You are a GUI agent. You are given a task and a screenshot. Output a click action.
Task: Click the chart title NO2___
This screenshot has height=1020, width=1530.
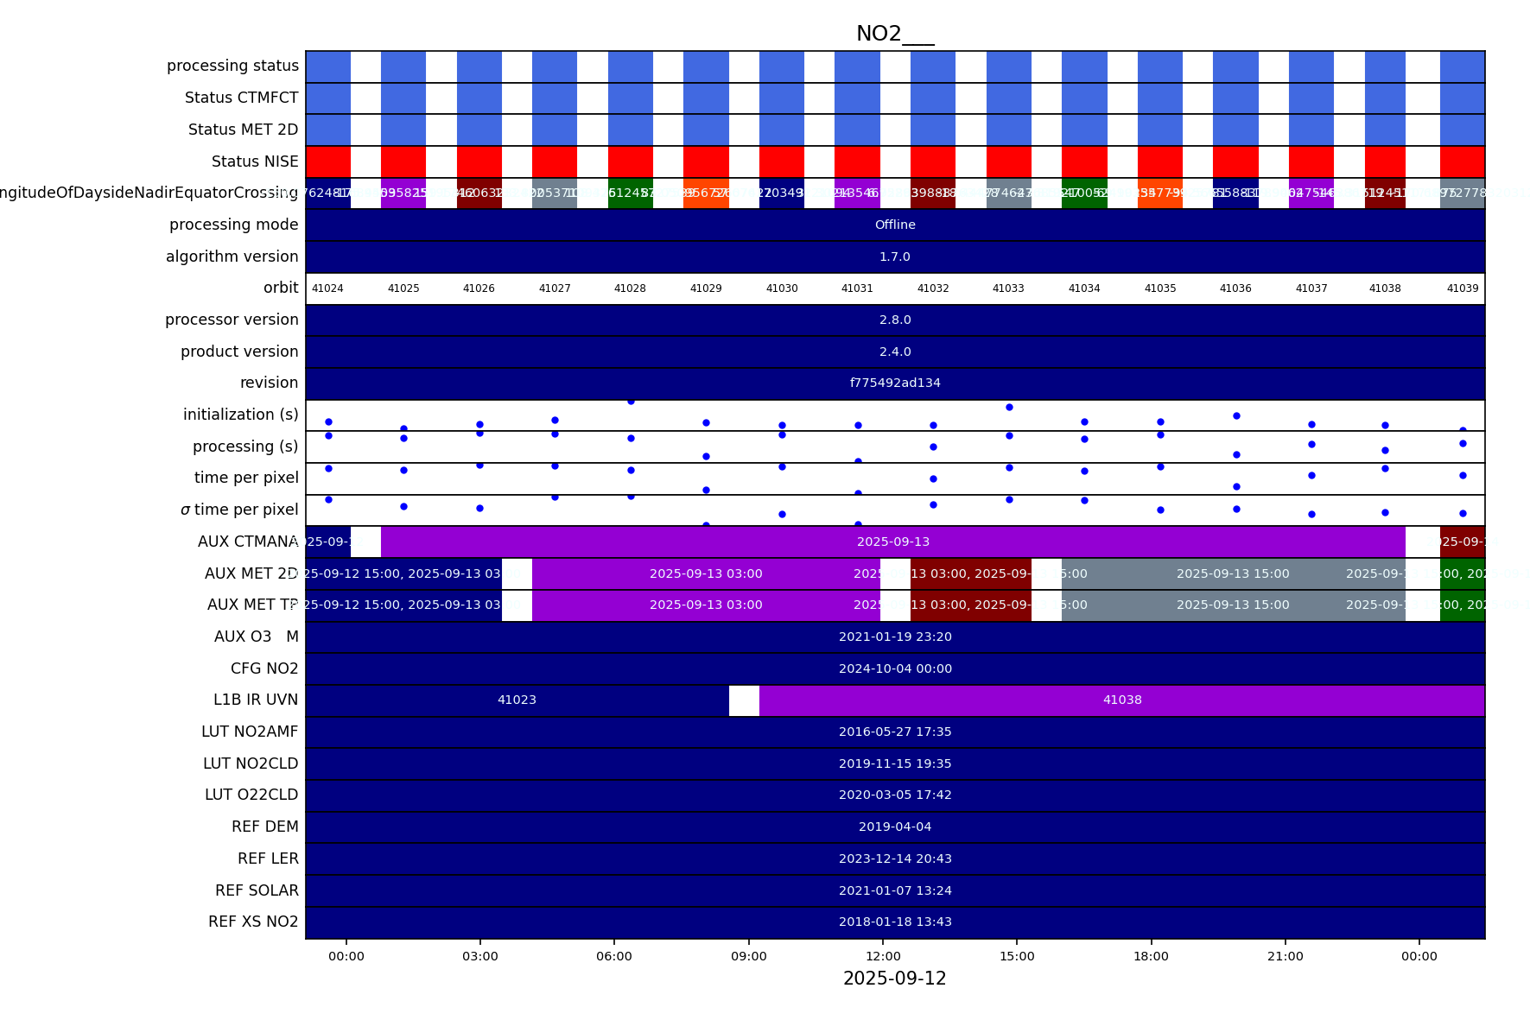(x=894, y=34)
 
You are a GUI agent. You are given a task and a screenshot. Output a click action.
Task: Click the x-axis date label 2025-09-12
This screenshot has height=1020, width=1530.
(x=894, y=979)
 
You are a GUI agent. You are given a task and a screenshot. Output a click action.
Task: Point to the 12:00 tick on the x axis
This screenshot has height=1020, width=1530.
(x=883, y=956)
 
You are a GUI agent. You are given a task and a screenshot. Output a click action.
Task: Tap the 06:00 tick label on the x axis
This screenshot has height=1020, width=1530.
(x=614, y=956)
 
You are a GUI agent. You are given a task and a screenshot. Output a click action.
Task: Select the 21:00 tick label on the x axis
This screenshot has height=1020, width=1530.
(x=1285, y=956)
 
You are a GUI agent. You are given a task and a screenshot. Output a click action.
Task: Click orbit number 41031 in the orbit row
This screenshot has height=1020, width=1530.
(x=857, y=288)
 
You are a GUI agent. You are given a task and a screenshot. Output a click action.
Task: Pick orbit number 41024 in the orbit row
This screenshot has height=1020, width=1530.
(x=327, y=288)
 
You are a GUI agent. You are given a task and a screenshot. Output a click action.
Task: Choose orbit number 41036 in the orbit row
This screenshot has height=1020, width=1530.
(x=1235, y=288)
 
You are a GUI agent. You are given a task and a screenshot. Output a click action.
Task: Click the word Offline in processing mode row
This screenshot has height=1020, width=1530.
(x=895, y=225)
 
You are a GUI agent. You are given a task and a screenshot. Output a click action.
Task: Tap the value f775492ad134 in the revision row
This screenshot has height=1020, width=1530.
(x=895, y=383)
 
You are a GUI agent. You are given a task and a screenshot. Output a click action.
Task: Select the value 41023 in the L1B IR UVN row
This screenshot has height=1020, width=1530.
(x=517, y=700)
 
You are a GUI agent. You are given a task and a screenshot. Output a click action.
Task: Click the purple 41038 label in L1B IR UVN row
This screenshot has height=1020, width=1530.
(x=1122, y=700)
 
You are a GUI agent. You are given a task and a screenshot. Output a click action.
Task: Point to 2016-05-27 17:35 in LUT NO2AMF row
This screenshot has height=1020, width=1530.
(x=895, y=732)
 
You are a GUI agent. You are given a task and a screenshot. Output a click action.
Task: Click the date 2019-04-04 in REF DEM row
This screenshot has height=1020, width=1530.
(x=895, y=827)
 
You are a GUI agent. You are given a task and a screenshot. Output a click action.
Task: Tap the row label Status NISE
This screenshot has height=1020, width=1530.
(x=255, y=162)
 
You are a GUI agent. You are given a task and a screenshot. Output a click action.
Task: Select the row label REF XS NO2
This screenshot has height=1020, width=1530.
(x=253, y=922)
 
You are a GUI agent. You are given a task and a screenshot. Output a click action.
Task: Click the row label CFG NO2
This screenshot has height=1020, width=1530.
(x=264, y=668)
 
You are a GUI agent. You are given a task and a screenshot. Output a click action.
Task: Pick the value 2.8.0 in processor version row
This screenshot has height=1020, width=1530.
(x=895, y=320)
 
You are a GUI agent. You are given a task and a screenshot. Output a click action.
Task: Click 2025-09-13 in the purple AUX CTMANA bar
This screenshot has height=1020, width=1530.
(x=893, y=542)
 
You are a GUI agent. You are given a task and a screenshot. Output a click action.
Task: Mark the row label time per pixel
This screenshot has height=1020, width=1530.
(x=246, y=478)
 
